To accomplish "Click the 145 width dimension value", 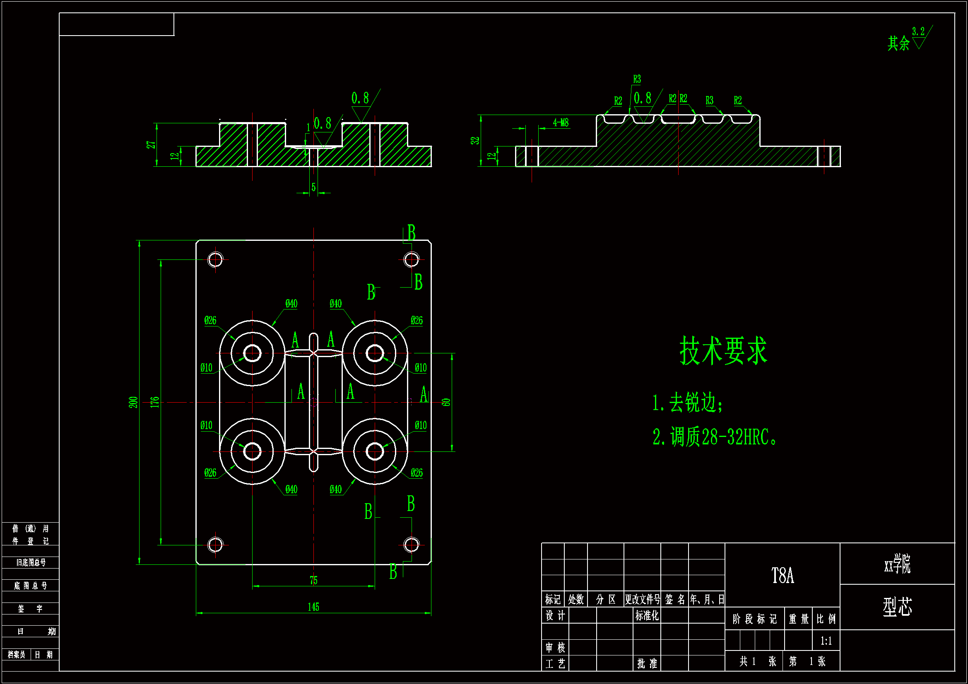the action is [x=313, y=607].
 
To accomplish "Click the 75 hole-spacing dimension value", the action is [x=313, y=580].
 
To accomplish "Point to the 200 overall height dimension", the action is [x=133, y=402].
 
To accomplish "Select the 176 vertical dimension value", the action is [x=155, y=402].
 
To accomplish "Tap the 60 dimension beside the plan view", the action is [x=446, y=402].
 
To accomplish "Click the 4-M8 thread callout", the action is [x=561, y=122].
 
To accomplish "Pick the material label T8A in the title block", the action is [x=783, y=576].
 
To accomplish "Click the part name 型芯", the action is [x=897, y=607].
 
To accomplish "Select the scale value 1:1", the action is [x=826, y=641].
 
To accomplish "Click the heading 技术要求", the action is [x=723, y=350].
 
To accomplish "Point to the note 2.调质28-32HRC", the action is [x=714, y=437].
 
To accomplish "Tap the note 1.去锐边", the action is [x=688, y=403].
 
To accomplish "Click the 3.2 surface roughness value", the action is [x=918, y=31].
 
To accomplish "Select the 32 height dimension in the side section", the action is [x=475, y=140].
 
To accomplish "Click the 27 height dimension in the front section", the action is [x=151, y=144].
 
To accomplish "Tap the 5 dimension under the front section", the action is [x=313, y=187].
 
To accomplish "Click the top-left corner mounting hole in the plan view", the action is [x=215, y=259].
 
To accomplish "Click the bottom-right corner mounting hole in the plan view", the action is [x=411, y=545].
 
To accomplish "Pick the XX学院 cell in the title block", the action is [x=897, y=564].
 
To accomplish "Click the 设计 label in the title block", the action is [x=555, y=616].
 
